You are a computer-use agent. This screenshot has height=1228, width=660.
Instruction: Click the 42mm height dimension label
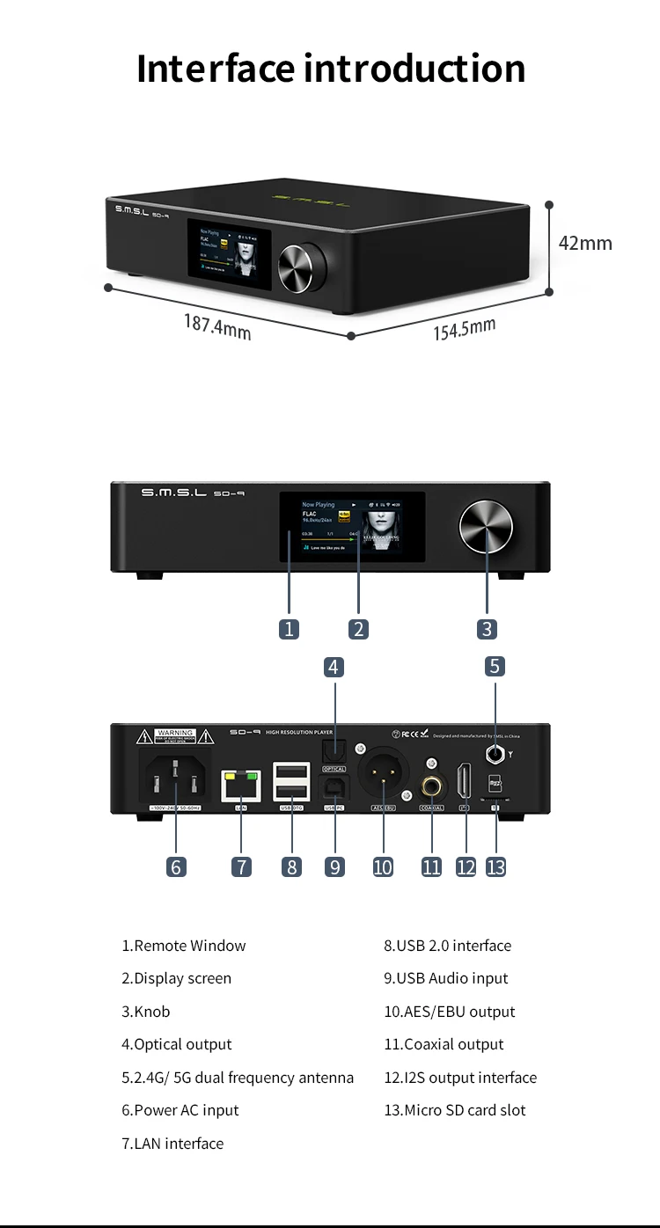tap(585, 243)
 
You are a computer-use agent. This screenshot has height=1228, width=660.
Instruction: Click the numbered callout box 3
tap(488, 629)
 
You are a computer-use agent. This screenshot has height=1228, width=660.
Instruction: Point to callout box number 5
tap(495, 666)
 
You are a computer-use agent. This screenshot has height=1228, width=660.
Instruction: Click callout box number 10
tap(383, 866)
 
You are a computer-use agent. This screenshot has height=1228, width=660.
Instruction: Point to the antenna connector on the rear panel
tap(495, 753)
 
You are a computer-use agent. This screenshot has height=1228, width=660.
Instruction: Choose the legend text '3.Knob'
tap(146, 1012)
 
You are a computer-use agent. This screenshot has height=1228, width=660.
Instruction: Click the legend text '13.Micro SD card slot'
tap(455, 1110)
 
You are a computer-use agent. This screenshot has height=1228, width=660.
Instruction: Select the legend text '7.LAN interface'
tap(172, 1144)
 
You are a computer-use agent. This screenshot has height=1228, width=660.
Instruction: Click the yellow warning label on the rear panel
tap(175, 736)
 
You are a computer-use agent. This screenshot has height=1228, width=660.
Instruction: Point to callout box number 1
tap(289, 629)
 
